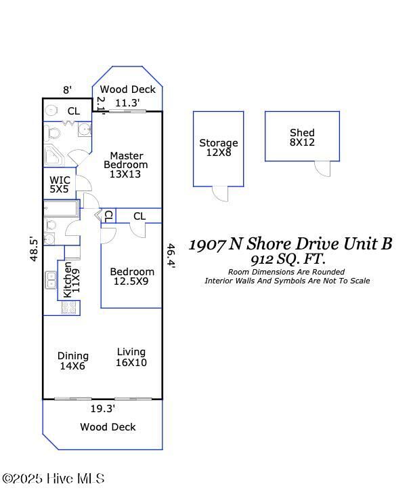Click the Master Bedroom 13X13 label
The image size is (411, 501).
point(125,165)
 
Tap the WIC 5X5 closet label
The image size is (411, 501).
point(60,184)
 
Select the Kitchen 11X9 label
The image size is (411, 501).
point(72,280)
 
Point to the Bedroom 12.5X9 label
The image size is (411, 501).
point(132,277)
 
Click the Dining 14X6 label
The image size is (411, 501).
point(72,361)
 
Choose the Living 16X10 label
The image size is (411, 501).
point(131,357)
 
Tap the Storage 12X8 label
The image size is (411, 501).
point(219,148)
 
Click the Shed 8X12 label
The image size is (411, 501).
point(302,138)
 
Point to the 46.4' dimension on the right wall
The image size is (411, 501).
point(171,256)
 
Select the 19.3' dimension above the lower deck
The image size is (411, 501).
point(103,408)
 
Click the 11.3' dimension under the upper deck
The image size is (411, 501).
point(127,103)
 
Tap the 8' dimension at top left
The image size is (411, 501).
point(67,89)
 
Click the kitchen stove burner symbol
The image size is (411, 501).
point(69,308)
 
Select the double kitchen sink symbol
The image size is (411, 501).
point(51,279)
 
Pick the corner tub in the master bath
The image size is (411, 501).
point(54,156)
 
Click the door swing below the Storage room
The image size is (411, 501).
point(221,193)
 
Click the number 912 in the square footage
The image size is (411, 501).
point(261,259)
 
